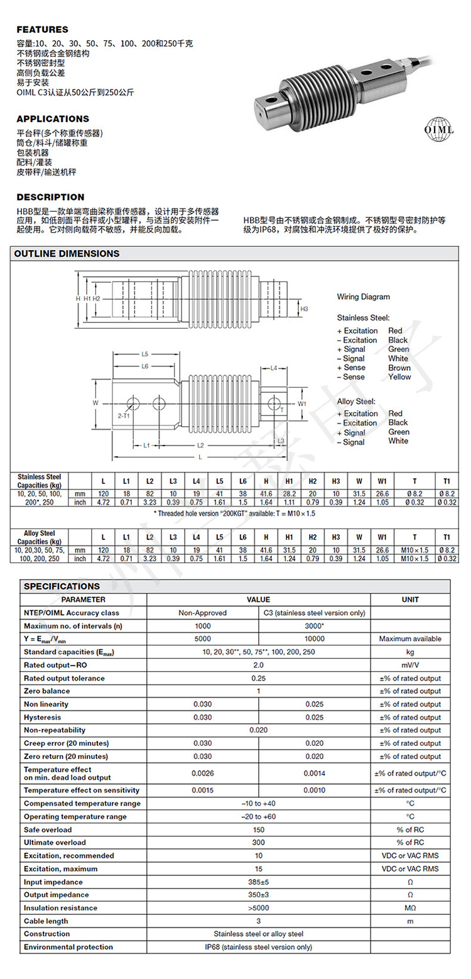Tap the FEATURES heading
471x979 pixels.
[x=42, y=30]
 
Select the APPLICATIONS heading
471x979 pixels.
[x=53, y=119]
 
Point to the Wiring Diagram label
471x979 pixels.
[x=363, y=297]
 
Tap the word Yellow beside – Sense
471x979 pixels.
[x=399, y=377]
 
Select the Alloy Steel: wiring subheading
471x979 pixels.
[x=356, y=401]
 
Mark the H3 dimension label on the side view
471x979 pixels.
[x=304, y=309]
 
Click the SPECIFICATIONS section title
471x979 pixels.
[x=62, y=586]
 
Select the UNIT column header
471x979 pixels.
[x=409, y=599]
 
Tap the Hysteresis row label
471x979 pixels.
[x=43, y=717]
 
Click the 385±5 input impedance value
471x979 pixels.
[x=258, y=882]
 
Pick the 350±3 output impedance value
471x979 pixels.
[x=258, y=895]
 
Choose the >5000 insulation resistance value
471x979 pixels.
[x=258, y=908]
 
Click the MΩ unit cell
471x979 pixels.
[x=409, y=908]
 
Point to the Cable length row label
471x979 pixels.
[x=46, y=921]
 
